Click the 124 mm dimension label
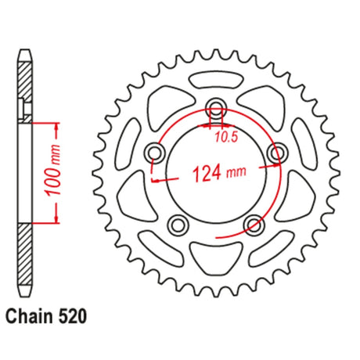pyautogui.click(x=219, y=173)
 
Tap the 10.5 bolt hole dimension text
pyautogui.click(x=226, y=137)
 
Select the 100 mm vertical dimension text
pyautogui.click(x=53, y=170)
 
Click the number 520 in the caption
pyautogui.click(x=73, y=316)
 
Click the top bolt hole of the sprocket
pyautogui.click(x=216, y=107)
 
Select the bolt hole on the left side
pyautogui.click(x=156, y=152)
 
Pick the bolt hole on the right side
pyautogui.click(x=278, y=153)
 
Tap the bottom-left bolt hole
pyautogui.click(x=178, y=225)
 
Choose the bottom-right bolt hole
pyautogui.click(x=254, y=225)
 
